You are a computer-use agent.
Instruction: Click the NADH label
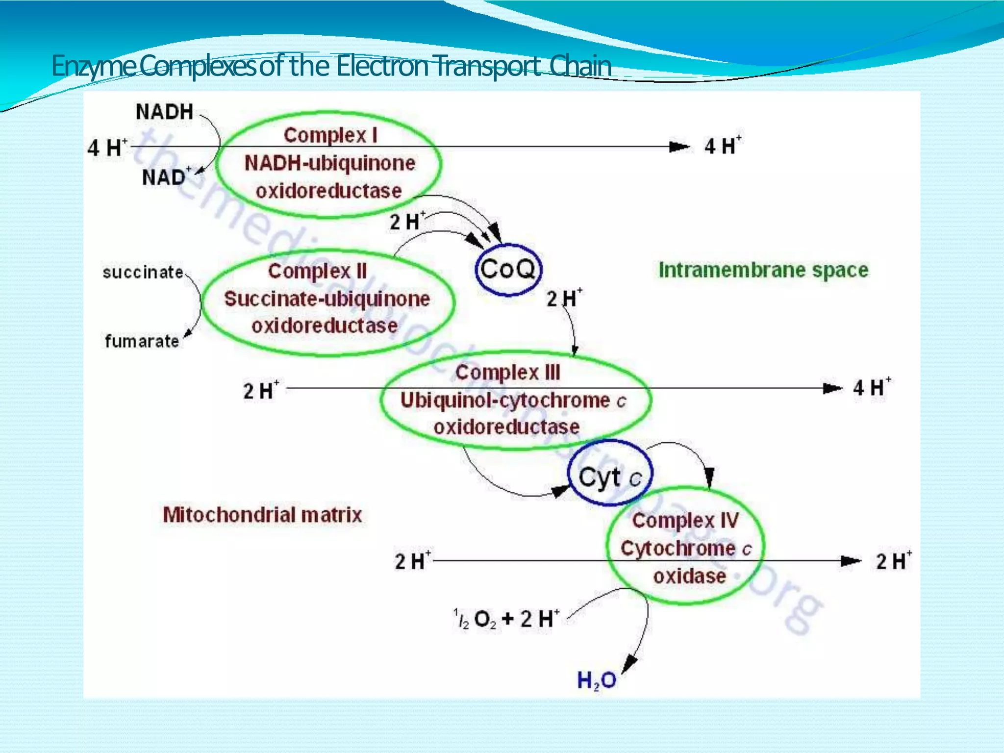click(164, 112)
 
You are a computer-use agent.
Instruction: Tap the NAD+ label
click(166, 177)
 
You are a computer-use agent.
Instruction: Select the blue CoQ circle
click(508, 270)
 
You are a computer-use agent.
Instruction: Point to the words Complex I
click(330, 135)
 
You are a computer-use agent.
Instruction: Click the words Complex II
click(317, 271)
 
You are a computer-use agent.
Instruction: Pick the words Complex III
click(508, 373)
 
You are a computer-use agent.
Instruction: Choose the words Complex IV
click(685, 521)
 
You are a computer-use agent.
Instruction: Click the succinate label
click(143, 272)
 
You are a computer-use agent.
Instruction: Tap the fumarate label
click(142, 341)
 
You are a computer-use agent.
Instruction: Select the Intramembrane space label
click(763, 270)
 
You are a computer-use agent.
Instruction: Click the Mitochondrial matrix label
click(262, 515)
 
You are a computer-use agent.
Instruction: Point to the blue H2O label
click(596, 680)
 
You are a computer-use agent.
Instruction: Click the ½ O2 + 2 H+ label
click(506, 619)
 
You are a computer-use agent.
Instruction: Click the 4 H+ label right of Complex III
click(872, 388)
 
